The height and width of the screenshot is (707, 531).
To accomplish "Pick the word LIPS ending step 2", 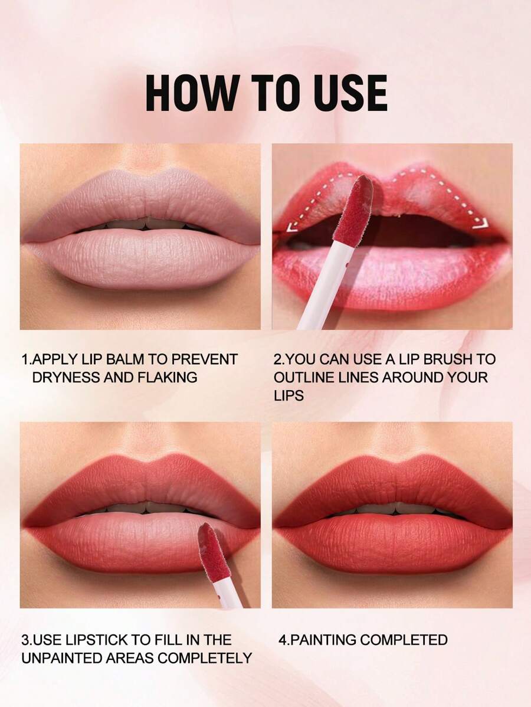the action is [x=289, y=395].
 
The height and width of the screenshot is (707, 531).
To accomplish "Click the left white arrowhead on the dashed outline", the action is [x=291, y=227].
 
